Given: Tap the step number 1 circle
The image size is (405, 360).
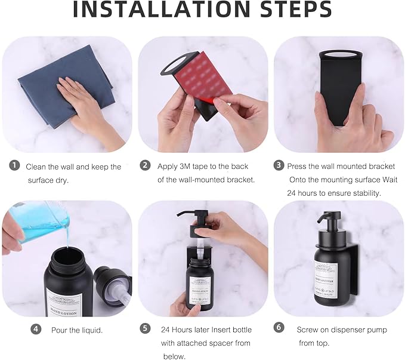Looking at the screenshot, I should (x=13, y=166).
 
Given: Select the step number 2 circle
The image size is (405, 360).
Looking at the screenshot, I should (x=145, y=166).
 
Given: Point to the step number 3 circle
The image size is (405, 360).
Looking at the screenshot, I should (x=279, y=166).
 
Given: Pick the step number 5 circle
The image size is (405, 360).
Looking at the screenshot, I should (x=145, y=329).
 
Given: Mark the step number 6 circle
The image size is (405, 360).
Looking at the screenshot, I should (x=279, y=329).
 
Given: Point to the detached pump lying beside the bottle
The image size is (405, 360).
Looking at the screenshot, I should (x=112, y=285).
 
